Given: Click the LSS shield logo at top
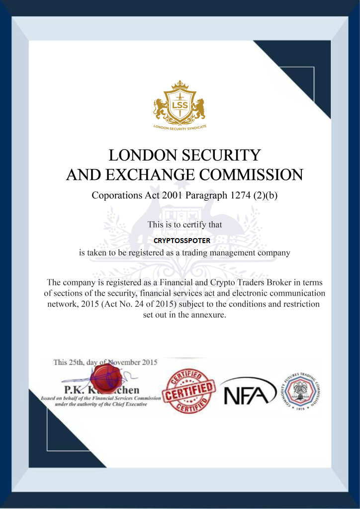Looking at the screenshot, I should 180,105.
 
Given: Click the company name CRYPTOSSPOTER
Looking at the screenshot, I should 182,240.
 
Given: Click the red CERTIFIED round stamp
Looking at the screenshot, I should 189,391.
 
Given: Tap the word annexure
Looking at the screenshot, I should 207,315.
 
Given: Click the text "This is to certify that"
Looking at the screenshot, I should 184,225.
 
